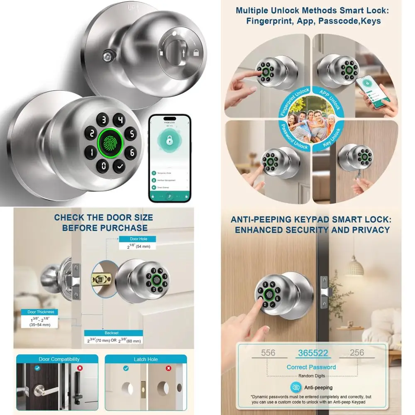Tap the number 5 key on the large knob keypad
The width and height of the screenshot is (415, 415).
(131, 134)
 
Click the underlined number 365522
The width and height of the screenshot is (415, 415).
(312, 353)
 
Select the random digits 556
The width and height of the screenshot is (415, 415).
(268, 353)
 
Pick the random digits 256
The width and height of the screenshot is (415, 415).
(357, 353)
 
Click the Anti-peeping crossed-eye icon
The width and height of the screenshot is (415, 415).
(296, 387)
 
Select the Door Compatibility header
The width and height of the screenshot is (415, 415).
(59, 359)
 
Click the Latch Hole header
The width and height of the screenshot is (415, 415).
(146, 359)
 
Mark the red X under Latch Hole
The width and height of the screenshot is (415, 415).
(168, 368)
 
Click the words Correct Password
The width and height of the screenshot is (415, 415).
(311, 367)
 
